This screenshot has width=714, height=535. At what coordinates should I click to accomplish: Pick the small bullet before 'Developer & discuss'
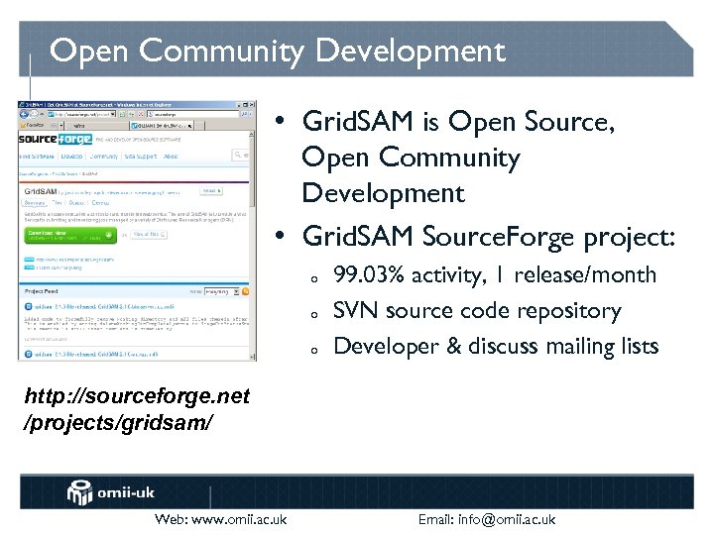tap(313, 349)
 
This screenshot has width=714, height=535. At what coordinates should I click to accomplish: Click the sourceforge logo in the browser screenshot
tap(55, 143)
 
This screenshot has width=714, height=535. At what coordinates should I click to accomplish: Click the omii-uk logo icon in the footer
tap(80, 491)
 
